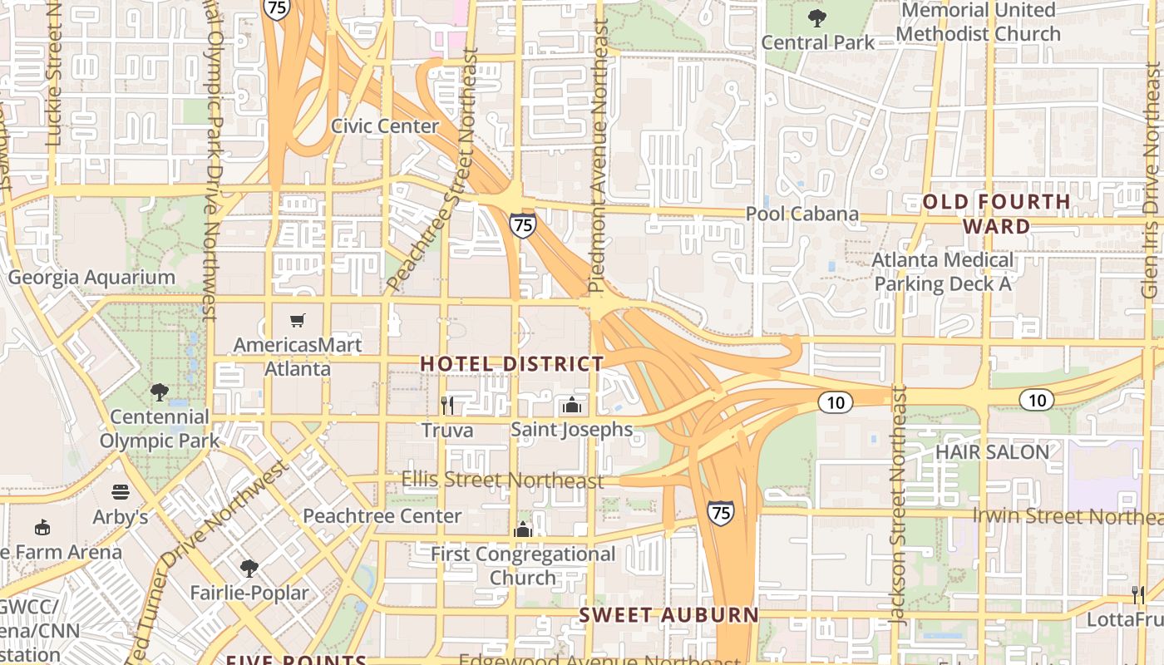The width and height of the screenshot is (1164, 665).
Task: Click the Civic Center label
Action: coord(385,126)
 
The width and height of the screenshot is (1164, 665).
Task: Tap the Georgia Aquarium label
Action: coord(91,278)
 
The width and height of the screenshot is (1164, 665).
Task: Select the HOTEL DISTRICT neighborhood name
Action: coord(511,363)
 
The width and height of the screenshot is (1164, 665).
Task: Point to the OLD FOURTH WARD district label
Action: coord(996,214)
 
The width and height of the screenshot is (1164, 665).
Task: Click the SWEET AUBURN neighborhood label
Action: coord(668,615)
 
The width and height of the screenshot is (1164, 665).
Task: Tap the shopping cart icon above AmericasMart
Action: coord(298,321)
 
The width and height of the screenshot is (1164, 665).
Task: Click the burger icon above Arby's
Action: coord(121,492)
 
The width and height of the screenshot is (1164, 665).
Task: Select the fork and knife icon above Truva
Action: coord(447,405)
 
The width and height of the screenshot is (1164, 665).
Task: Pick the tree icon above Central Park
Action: coord(817,17)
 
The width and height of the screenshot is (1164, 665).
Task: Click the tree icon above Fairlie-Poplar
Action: coord(249,569)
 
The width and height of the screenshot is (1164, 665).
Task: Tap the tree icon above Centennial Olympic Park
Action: coord(160,392)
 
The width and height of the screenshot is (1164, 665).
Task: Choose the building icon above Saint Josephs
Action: coord(571,405)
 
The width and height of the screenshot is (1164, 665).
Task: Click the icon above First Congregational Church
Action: coord(522,530)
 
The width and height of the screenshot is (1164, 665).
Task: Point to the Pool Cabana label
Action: coord(801,214)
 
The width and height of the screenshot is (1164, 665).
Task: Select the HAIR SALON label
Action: coord(992,452)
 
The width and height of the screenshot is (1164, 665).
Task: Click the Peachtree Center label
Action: coord(382,515)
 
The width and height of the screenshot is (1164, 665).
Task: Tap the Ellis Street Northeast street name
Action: coord(502,480)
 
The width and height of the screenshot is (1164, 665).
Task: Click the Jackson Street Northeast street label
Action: coord(897,505)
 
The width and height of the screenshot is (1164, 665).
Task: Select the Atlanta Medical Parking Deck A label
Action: coord(943,272)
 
